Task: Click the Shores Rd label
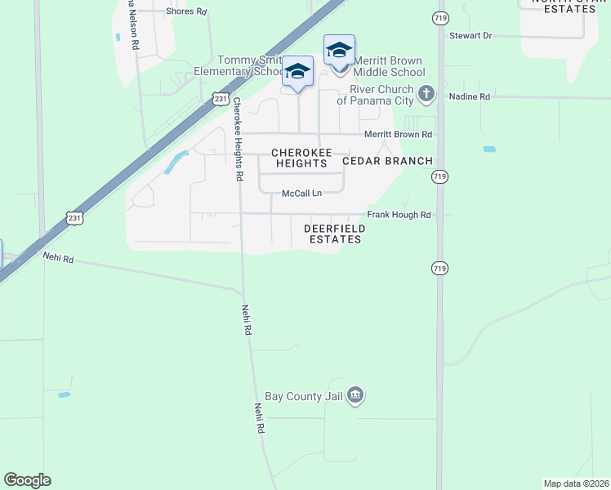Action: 186,12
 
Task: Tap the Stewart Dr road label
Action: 471,36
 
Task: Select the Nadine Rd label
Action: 470,96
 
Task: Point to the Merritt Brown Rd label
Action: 398,135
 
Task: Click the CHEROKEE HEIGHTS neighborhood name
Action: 301,158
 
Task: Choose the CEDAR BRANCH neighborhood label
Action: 387,161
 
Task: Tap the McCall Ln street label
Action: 302,194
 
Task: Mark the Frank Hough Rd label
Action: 399,215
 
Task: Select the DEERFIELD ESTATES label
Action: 332,234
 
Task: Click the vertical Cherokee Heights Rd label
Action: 238,139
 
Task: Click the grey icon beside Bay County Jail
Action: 355,396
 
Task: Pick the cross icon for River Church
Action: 426,94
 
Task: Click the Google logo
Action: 27,480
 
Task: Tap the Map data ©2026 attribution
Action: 577,483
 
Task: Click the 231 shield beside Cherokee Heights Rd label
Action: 221,99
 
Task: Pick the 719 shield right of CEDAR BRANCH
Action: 439,176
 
